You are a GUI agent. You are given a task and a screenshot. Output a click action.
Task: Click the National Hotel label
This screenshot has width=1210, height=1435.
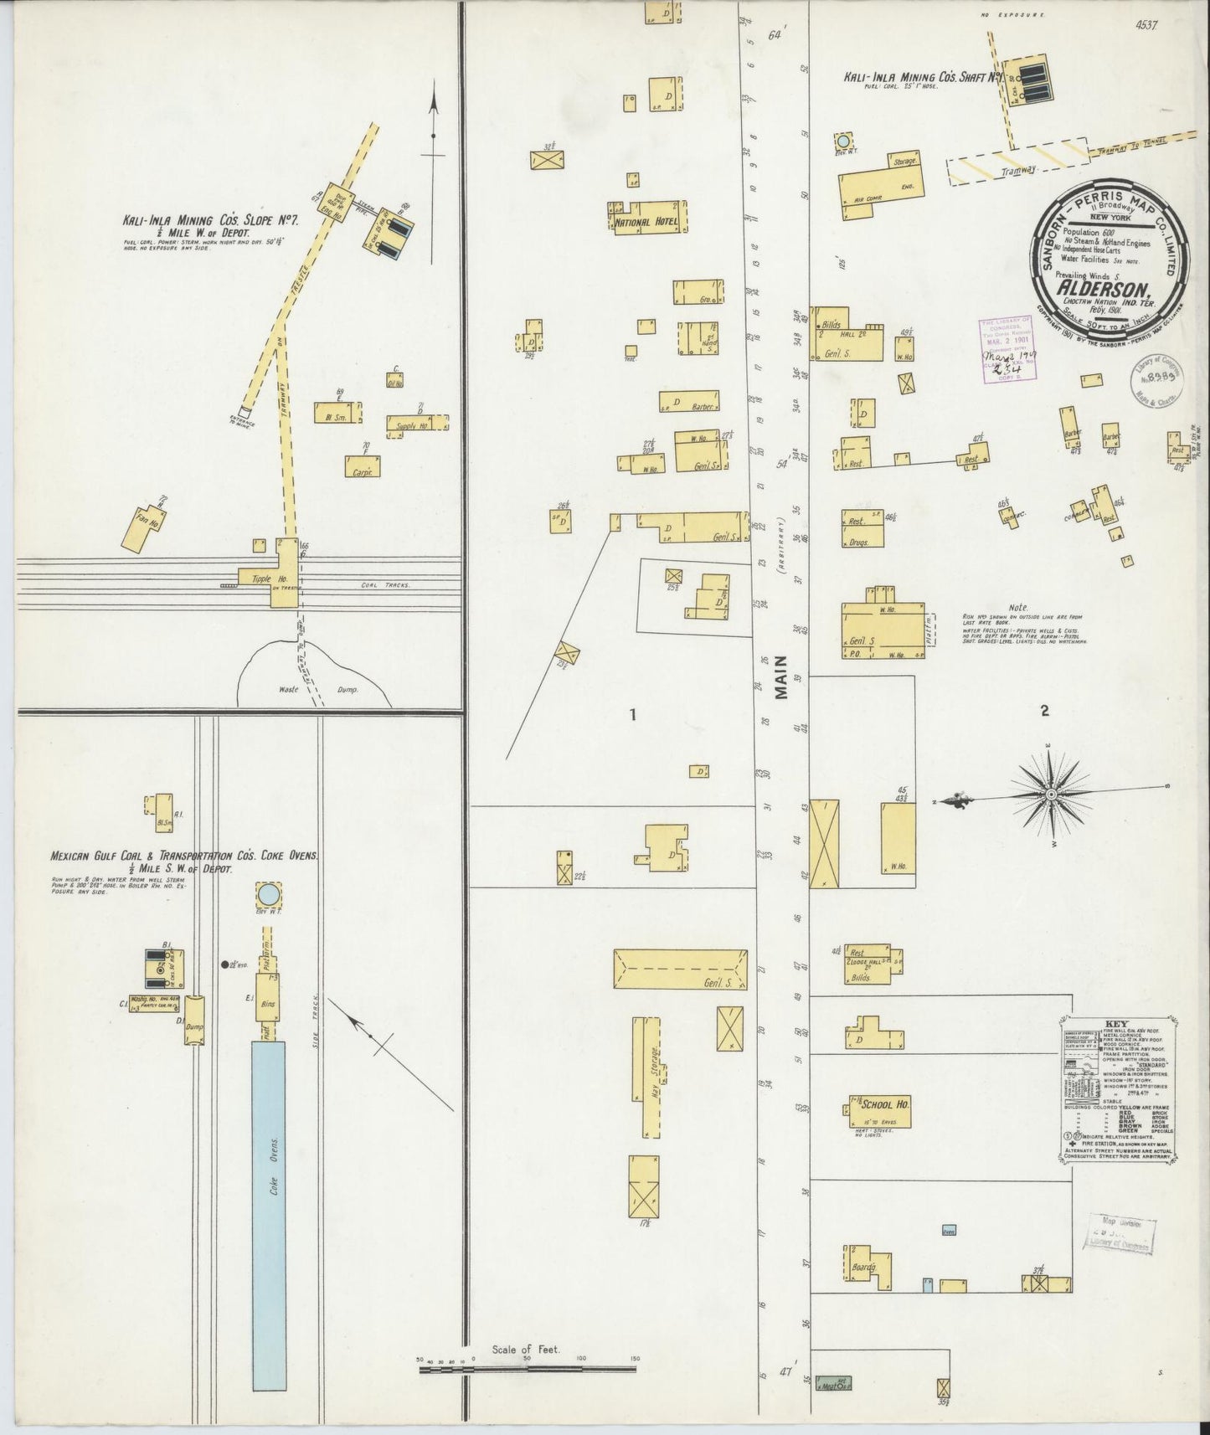645,224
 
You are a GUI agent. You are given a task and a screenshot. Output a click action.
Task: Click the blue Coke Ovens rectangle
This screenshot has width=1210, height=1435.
268,1214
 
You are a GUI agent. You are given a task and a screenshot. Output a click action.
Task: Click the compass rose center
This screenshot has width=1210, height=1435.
1050,793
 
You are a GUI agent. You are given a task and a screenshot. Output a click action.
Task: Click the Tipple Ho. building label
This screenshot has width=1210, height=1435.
263,577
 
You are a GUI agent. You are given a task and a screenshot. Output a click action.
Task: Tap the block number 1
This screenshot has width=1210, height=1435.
634,714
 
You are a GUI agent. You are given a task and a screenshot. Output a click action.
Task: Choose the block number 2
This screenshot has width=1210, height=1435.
1044,712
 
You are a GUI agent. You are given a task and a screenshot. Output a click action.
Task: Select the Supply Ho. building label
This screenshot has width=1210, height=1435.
410,425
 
